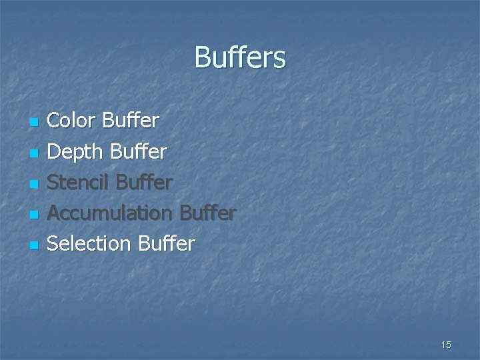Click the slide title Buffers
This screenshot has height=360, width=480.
[240, 57]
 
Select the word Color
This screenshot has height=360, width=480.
[72, 121]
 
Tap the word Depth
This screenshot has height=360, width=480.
[76, 152]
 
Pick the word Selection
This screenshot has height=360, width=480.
[89, 244]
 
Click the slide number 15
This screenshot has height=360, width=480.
[446, 345]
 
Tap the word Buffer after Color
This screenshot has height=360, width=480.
[131, 121]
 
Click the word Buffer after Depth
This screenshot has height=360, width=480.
[139, 152]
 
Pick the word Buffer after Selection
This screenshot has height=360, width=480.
[167, 244]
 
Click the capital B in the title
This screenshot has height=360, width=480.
[201, 58]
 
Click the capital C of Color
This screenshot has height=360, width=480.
[54, 121]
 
